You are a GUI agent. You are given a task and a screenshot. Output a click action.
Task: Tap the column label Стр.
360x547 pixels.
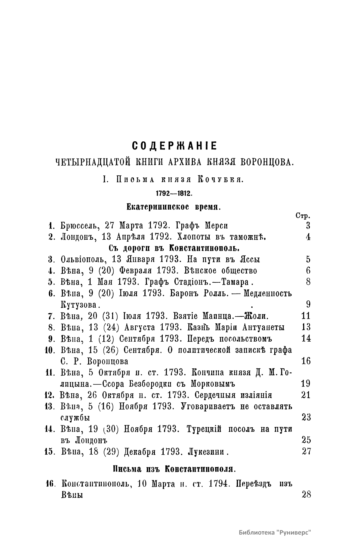(303, 216)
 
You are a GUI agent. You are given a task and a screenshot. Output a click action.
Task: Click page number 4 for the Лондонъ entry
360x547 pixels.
(308, 237)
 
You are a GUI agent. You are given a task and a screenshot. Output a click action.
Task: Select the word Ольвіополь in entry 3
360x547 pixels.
(80, 260)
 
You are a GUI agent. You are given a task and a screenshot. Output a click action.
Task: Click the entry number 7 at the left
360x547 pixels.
(51, 316)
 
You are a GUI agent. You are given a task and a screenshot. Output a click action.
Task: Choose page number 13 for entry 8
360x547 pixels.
(306, 327)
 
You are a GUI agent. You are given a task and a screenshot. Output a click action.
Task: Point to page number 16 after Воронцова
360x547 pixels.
(306, 361)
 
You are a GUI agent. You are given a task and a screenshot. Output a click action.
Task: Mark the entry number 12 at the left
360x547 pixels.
(49, 395)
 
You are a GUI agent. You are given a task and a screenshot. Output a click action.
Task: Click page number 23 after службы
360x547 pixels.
(306, 417)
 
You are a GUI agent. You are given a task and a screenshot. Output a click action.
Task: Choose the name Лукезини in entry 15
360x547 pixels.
(206, 451)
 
